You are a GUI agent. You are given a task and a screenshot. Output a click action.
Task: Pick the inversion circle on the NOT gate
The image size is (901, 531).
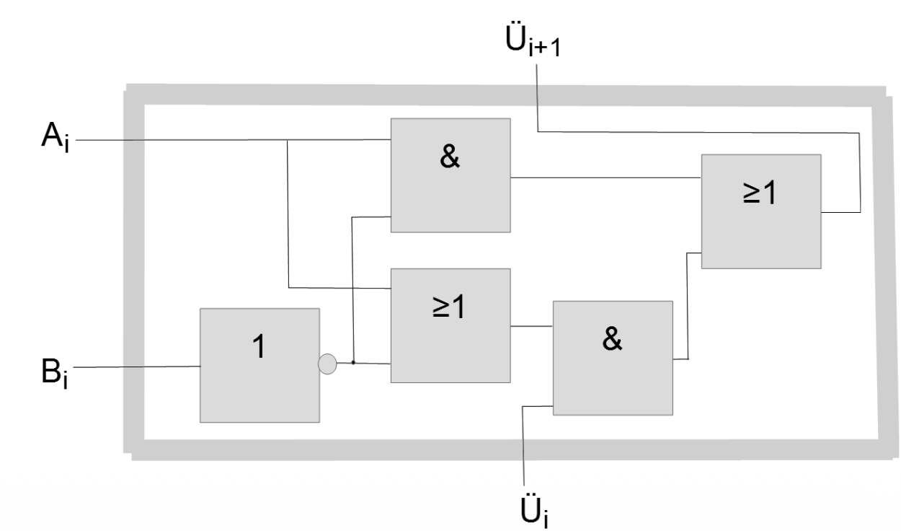[x=327, y=364]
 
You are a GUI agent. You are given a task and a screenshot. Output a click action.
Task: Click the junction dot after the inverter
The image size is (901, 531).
[x=353, y=362]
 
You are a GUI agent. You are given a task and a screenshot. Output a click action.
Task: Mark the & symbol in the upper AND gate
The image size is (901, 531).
[x=450, y=158]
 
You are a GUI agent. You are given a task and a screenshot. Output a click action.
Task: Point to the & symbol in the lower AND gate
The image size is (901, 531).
[x=611, y=340]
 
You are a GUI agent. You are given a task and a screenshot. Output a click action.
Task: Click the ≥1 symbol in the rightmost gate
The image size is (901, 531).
[x=760, y=193]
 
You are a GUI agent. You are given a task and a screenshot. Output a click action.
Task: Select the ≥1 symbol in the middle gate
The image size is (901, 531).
[x=450, y=307]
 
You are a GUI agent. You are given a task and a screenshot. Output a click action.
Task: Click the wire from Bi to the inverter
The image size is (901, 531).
[x=137, y=367]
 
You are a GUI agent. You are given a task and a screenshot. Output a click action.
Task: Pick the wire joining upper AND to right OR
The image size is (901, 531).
[x=605, y=177]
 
